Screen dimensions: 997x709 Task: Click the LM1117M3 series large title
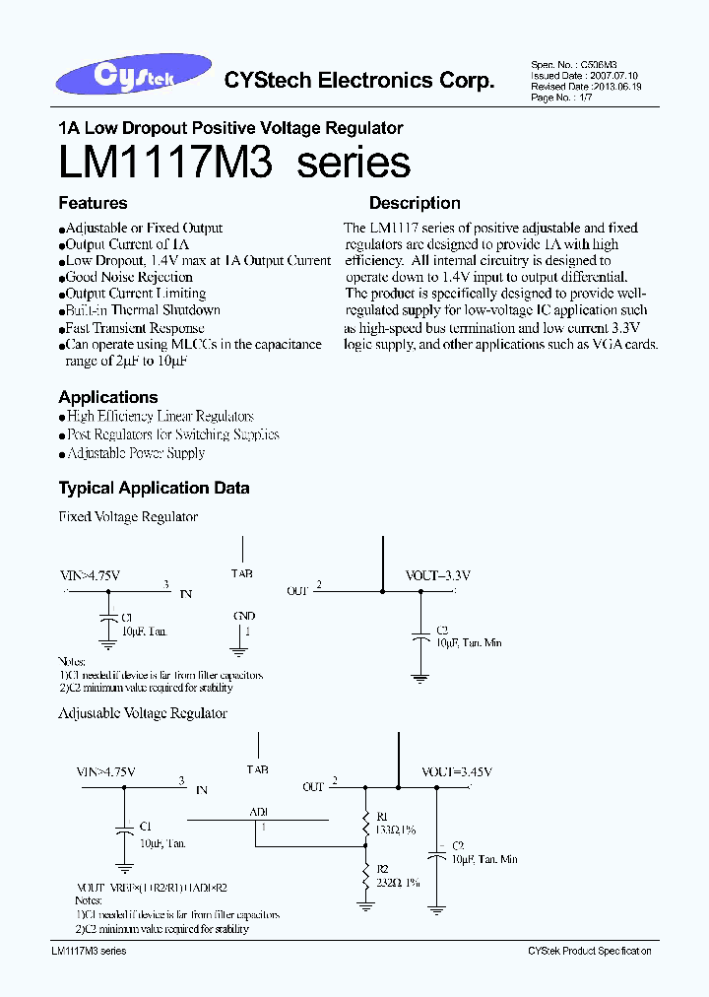pos(234,163)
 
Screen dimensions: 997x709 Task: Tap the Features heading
pos(93,203)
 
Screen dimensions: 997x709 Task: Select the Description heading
pos(415,203)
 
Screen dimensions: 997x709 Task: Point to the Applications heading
pos(108,397)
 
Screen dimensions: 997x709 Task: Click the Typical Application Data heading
pos(154,488)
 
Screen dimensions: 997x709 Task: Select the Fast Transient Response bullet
pos(134,328)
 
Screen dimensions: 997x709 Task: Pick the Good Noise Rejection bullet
pos(128,277)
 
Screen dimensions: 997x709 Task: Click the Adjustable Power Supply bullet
pos(135,453)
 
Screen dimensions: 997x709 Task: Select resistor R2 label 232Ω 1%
pos(398,882)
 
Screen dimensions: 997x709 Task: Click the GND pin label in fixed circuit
pos(244,617)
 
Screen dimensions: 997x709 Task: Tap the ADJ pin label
pos(259,812)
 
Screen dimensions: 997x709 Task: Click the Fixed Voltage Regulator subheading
pos(128,517)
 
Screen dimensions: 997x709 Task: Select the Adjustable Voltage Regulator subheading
pos(143,713)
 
